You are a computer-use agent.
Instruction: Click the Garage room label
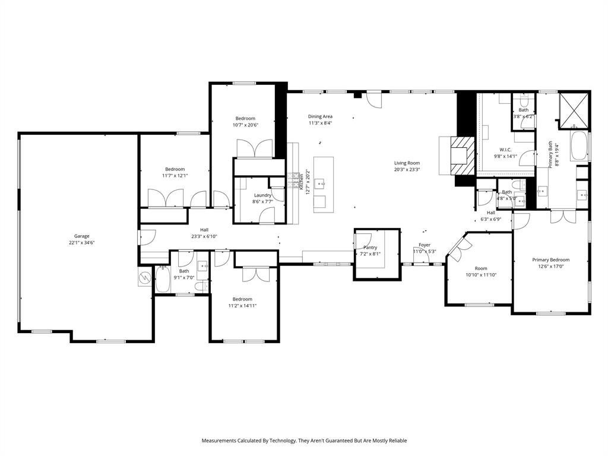click(81, 236)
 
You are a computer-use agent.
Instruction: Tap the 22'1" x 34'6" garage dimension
click(81, 243)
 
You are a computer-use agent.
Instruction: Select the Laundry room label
click(262, 195)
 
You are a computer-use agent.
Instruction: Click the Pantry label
click(370, 247)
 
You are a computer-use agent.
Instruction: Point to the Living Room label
click(407, 163)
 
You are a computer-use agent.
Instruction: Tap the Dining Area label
click(320, 116)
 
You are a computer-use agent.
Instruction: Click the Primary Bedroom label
click(550, 259)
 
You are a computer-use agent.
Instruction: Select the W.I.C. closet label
click(505, 150)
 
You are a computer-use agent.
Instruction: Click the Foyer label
click(425, 245)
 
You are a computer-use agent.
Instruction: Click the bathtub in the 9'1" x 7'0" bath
click(163, 278)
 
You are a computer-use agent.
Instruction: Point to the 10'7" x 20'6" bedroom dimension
click(245, 125)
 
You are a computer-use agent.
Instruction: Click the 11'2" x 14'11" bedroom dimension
click(242, 306)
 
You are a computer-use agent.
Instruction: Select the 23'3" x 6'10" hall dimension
click(204, 236)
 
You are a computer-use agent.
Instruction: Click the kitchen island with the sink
click(323, 184)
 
